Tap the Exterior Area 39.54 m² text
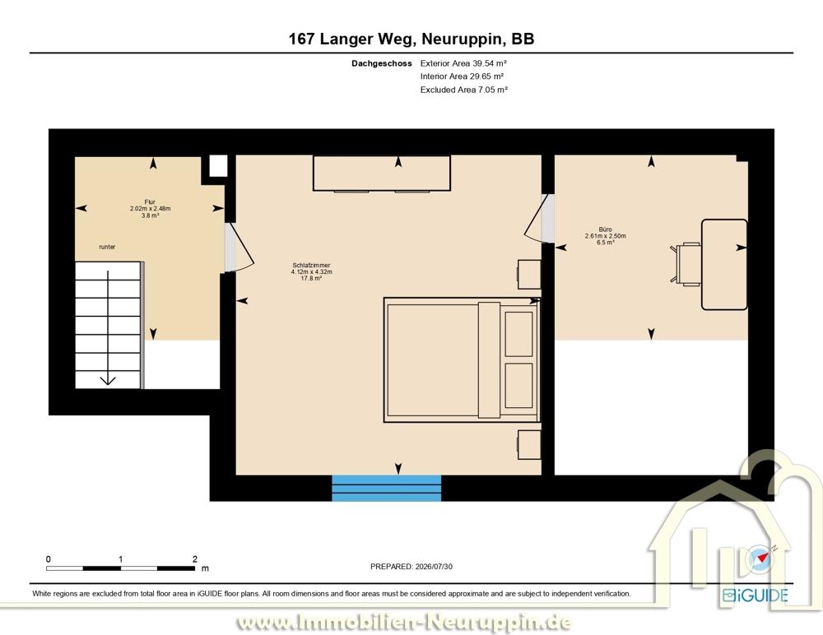[x=463, y=63]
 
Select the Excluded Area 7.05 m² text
[x=464, y=90]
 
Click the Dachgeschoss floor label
[x=382, y=63]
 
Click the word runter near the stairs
[x=107, y=247]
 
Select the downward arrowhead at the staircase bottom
[x=108, y=381]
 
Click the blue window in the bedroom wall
[x=386, y=488]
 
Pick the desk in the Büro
[x=724, y=265]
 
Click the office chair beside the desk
[x=686, y=265]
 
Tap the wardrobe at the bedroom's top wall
[x=382, y=174]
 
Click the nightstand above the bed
[x=529, y=275]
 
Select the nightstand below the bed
[x=529, y=445]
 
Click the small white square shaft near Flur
[x=218, y=166]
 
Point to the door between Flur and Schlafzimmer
[x=239, y=248]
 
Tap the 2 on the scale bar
[x=195, y=559]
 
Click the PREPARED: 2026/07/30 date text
[x=411, y=567]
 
